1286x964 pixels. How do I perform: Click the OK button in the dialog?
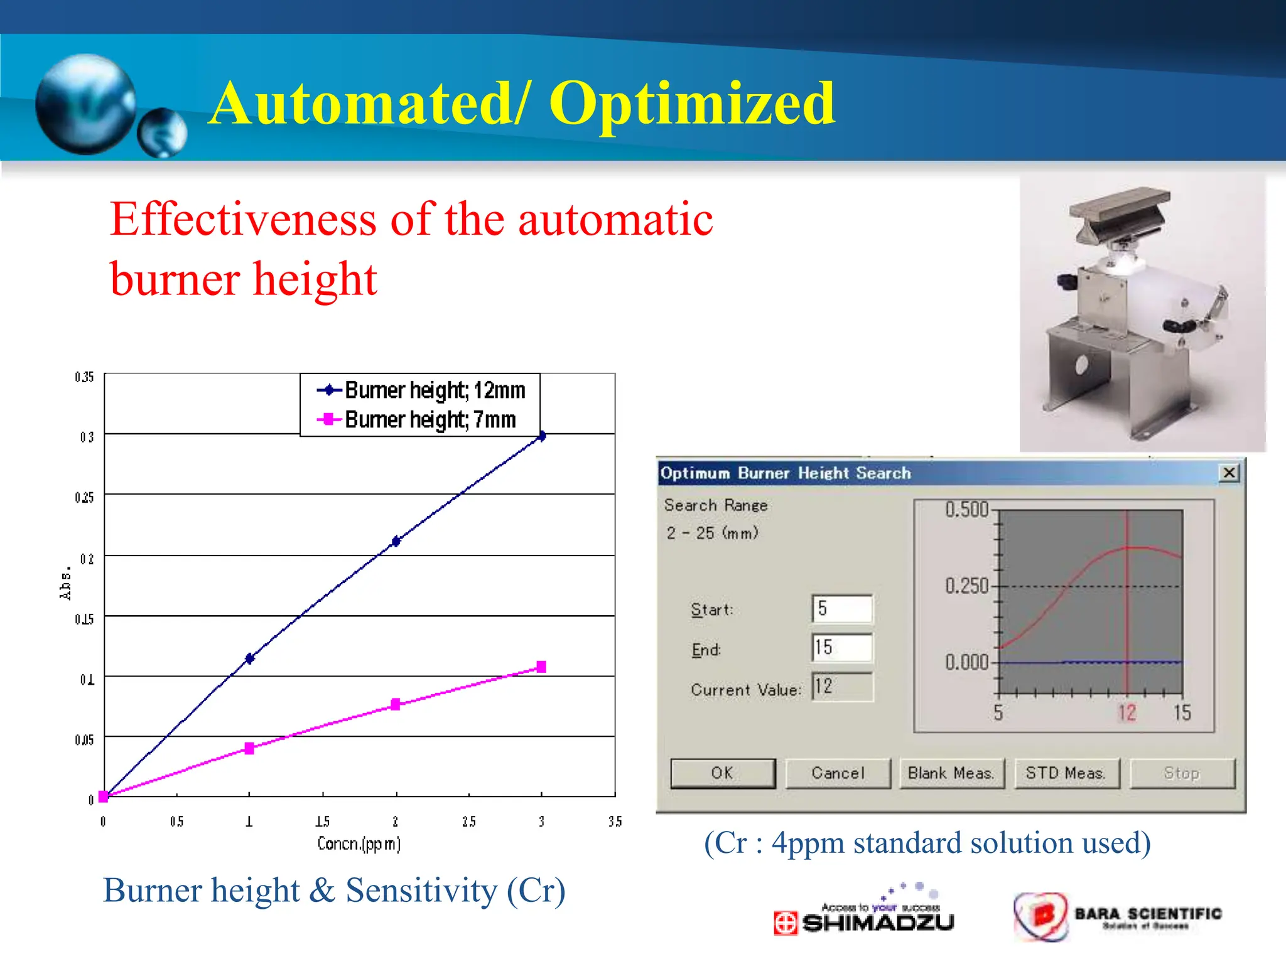(723, 773)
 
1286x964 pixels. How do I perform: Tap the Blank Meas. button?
(951, 773)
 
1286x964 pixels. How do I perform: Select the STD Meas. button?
(1066, 773)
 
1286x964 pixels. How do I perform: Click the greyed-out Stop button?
(1182, 773)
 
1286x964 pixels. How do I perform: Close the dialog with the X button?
(1229, 473)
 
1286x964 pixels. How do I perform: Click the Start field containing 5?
(842, 609)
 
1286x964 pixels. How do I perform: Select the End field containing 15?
(842, 648)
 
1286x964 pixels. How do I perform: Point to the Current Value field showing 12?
(842, 687)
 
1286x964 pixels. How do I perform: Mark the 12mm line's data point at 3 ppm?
(542, 436)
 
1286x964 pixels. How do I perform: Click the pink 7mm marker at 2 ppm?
(396, 704)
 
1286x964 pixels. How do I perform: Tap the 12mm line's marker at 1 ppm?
(250, 658)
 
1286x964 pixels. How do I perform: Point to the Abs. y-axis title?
(65, 584)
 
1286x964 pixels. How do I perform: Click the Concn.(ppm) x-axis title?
(359, 843)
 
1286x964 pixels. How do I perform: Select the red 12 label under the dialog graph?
(1127, 713)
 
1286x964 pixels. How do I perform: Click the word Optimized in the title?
(692, 104)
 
